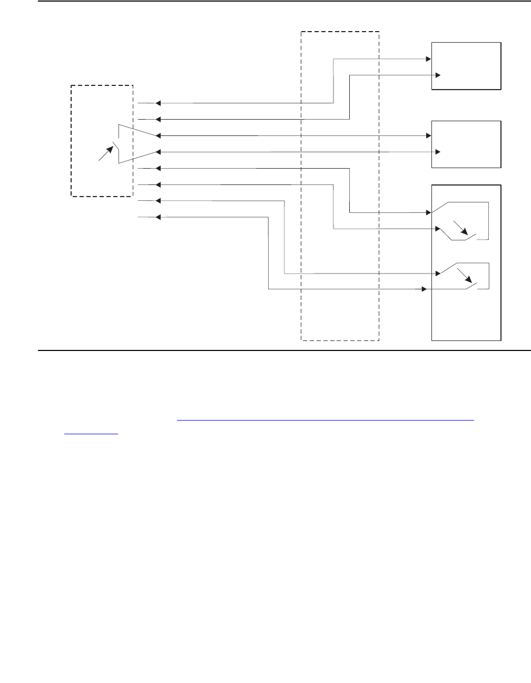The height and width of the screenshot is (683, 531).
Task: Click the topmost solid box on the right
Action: [466, 66]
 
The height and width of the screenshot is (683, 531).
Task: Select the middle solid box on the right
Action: [466, 144]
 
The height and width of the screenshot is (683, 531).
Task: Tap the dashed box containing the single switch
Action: [102, 140]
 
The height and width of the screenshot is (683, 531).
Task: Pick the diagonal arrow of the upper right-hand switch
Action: [461, 228]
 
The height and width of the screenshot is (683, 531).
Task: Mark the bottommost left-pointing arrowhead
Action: [158, 217]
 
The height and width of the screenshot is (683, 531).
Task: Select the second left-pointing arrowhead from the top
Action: [158, 119]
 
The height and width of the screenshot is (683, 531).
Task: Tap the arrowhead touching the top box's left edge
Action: [428, 59]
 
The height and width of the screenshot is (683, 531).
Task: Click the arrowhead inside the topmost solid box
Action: [438, 75]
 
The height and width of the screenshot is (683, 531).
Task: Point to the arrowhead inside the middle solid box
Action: [438, 152]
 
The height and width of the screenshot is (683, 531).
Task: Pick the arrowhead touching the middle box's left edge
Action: [428, 136]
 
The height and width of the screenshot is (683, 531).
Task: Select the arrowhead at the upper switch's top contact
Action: [428, 213]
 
